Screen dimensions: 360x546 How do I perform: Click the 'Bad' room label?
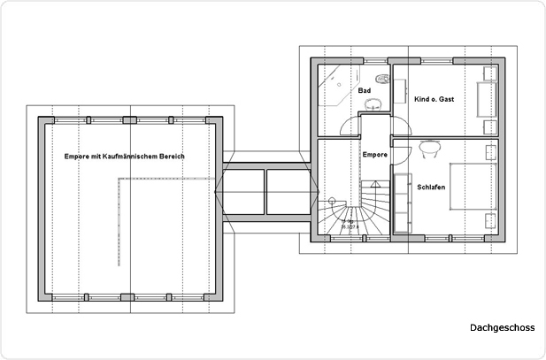point(364,90)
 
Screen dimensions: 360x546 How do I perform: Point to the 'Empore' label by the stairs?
point(376,155)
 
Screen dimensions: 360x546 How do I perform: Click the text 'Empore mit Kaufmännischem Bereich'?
point(124,156)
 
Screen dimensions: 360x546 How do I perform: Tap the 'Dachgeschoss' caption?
point(502,327)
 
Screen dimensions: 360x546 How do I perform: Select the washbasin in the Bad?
point(373,103)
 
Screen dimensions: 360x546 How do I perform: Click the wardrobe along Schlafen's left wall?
point(401,202)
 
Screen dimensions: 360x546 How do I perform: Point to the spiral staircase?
point(347,212)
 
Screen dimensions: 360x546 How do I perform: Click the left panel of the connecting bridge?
point(244,190)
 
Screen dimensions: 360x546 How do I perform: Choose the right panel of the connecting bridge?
point(287,190)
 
